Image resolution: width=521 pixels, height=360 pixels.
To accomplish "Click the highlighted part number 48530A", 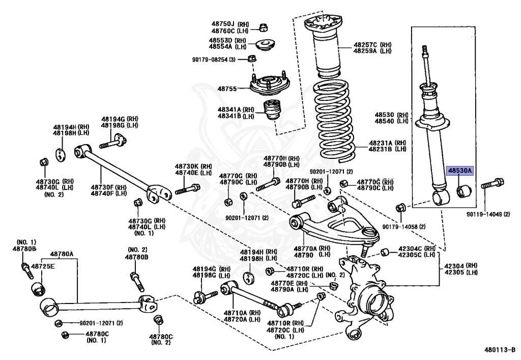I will [x=459, y=171].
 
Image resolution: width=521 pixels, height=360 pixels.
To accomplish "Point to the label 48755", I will [x=227, y=89].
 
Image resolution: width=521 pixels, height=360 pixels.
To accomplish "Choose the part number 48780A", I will [x=61, y=254].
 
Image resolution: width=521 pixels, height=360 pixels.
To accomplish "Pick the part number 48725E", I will [x=43, y=266].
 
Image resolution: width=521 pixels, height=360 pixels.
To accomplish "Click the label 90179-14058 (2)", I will [x=404, y=226].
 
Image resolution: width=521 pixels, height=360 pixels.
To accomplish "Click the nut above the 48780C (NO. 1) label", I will [x=65, y=335].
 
